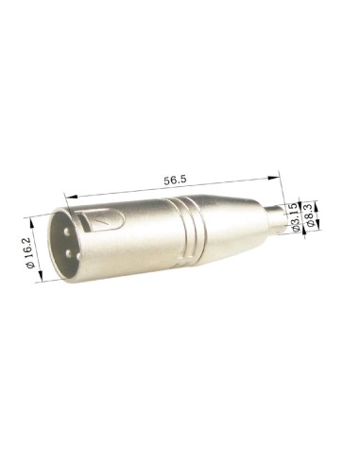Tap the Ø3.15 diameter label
[295, 216]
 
